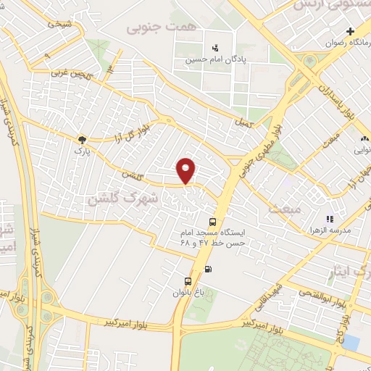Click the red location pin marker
[x=187, y=170]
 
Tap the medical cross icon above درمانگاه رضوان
[x=351, y=32]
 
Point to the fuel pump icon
[x=209, y=270]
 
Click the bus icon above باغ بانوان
[x=188, y=280]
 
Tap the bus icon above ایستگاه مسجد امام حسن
[x=212, y=222]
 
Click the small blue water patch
[x=351, y=341]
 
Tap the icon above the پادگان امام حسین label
[x=214, y=48]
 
